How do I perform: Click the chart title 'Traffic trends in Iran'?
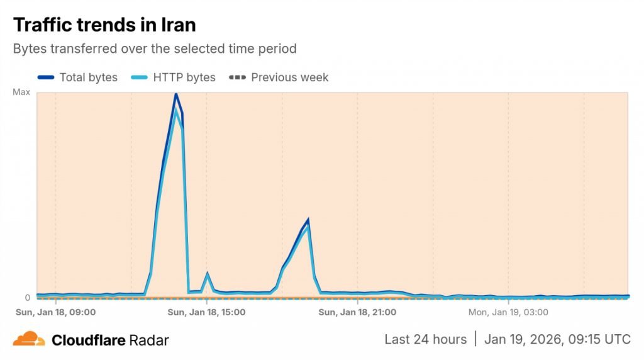pos(104,25)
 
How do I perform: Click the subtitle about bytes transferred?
pos(155,48)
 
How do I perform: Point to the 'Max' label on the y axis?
pos(21,93)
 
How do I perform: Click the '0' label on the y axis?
pos(27,298)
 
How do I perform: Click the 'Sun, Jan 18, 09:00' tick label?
pos(55,312)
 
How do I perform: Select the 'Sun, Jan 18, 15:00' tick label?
pos(206,312)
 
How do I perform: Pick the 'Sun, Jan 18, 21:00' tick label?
pos(357,312)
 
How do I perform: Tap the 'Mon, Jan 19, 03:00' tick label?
pos(508,312)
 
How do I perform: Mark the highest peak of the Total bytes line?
pos(175,94)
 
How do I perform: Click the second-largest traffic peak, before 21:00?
pos(308,220)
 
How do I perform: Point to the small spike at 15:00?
pos(207,274)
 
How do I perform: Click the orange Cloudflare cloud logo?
pos(29,339)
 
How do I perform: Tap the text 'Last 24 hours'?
pos(426,339)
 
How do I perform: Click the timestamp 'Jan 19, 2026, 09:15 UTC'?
pos(557,339)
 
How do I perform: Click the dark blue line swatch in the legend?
pos(46,77)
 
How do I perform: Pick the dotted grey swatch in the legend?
pos(237,77)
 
